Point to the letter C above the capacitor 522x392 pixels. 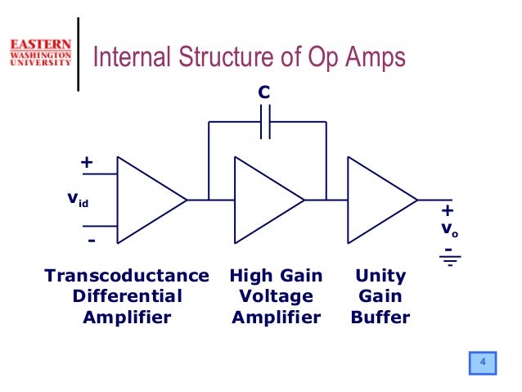(x=263, y=94)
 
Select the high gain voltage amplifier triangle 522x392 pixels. (x=264, y=200)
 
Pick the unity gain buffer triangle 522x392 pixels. (x=377, y=200)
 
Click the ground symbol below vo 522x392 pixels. (x=449, y=261)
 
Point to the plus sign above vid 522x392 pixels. (x=86, y=163)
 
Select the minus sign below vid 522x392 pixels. (x=91, y=241)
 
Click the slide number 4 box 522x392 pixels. (x=483, y=363)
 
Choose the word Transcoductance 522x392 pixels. (x=127, y=276)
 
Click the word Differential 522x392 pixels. (x=127, y=295)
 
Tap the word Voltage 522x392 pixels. (x=276, y=295)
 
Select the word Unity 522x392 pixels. (x=380, y=276)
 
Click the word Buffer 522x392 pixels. (x=380, y=316)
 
